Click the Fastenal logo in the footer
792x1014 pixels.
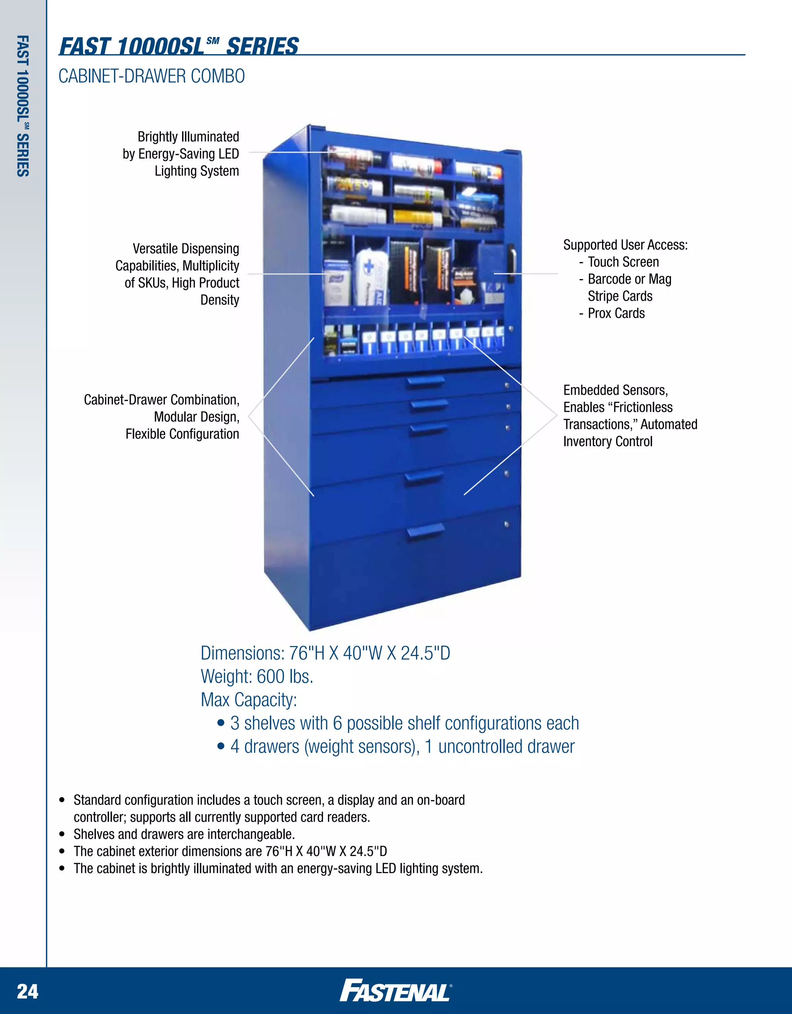[x=396, y=990]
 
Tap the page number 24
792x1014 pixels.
[x=28, y=991]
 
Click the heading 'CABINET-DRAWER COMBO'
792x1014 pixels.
[x=152, y=76]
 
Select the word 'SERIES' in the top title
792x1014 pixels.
[x=263, y=46]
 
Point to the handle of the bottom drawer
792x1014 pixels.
[x=425, y=532]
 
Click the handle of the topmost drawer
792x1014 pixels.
[x=425, y=382]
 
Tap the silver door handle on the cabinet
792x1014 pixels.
[x=513, y=263]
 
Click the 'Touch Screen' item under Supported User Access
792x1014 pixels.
[x=623, y=262]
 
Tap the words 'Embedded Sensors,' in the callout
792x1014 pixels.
[x=616, y=391]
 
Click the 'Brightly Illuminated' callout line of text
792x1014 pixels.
[x=188, y=137]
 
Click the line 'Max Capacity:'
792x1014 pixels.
[x=249, y=700]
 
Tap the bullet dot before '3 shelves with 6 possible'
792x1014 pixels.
[x=221, y=723]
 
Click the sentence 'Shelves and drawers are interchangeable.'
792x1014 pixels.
[x=184, y=834]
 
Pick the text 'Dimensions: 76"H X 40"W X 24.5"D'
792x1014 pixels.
[x=325, y=653]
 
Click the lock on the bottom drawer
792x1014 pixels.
[x=506, y=524]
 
